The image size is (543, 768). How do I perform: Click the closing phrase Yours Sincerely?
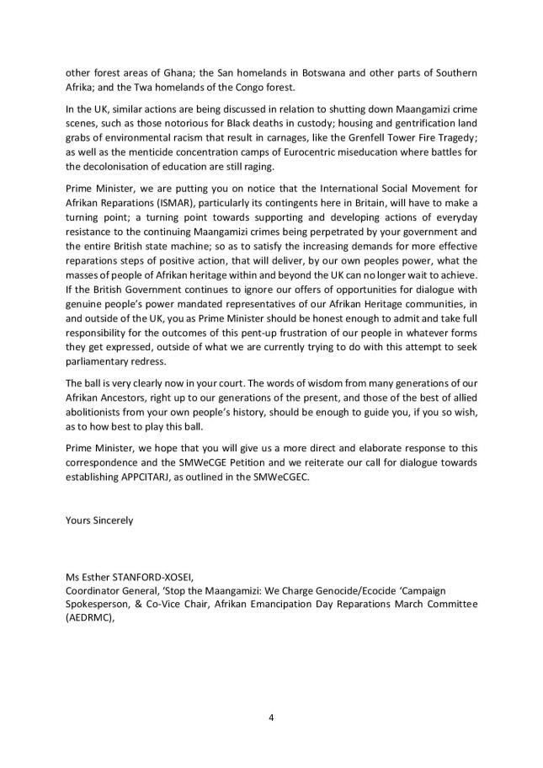99,520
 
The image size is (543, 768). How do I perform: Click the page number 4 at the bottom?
271,717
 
